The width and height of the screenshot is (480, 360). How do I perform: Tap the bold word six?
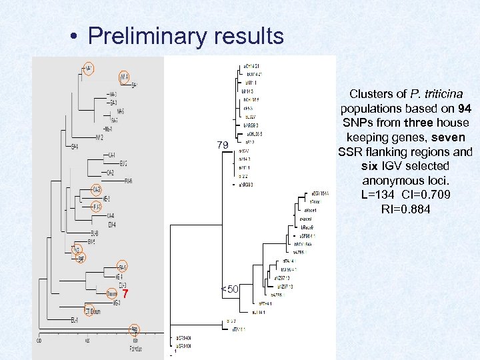pos(370,167)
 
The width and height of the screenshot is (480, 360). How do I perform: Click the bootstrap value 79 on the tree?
pos(222,145)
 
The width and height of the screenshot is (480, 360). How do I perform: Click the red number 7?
pos(125,295)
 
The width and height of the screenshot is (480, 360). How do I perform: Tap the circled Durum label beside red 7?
pos(112,293)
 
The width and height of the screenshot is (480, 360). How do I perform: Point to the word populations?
pos(370,109)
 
